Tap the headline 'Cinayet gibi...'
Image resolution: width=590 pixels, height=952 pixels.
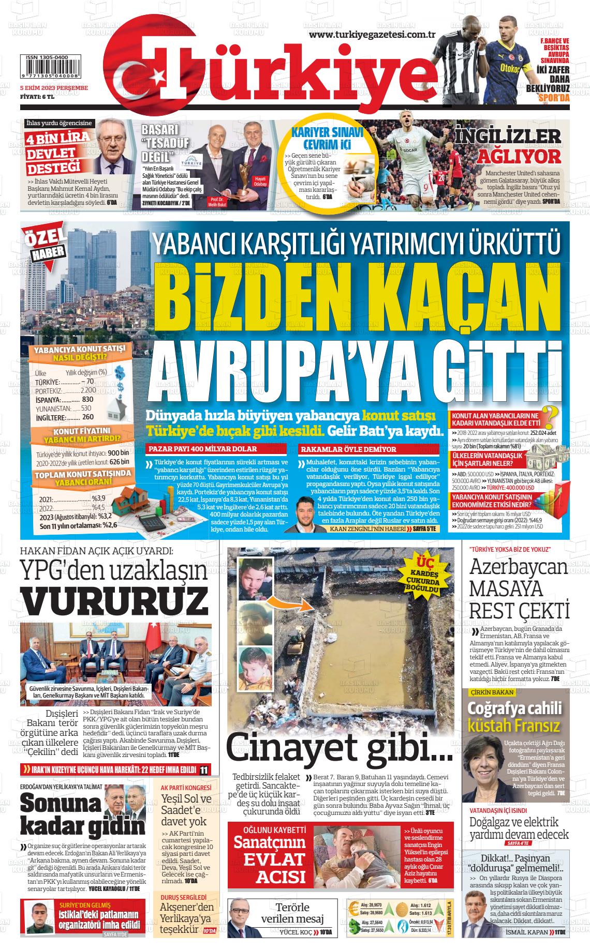click(x=339, y=748)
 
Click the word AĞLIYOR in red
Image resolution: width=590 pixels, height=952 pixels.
click(x=519, y=156)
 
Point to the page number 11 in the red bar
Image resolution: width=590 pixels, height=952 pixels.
click(x=204, y=770)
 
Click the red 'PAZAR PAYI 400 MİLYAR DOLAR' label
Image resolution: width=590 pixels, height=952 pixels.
click(x=203, y=449)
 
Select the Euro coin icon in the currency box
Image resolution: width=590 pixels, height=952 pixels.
click(x=355, y=909)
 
